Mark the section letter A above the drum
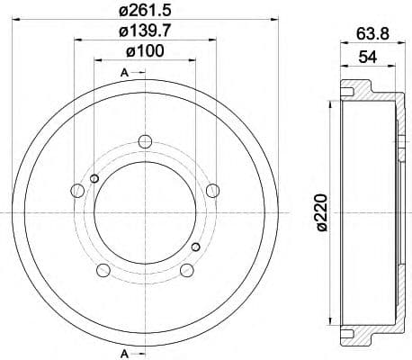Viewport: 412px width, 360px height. tap(123, 71)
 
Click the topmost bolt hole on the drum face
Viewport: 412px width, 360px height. tap(145, 140)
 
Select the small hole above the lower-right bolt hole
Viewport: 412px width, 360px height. tap(196, 246)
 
